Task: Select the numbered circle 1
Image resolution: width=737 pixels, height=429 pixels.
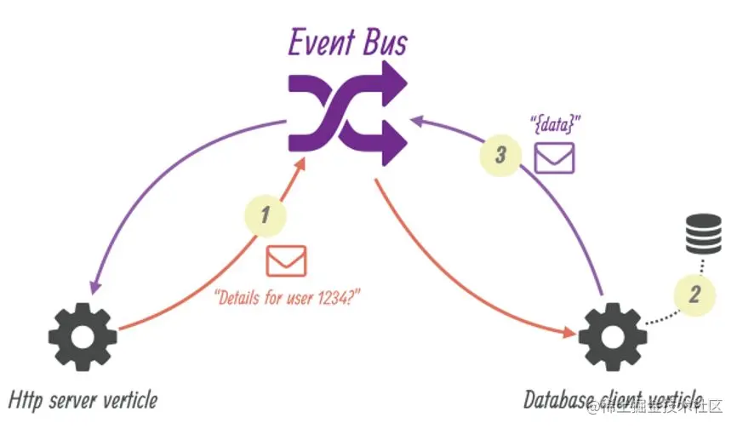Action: [x=265, y=214]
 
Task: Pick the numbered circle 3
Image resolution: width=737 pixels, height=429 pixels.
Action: [x=500, y=155]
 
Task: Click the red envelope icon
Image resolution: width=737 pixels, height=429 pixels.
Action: [x=286, y=260]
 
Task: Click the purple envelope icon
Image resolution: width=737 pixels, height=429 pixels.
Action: [x=554, y=157]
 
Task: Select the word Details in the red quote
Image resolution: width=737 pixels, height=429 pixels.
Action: [x=241, y=298]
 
